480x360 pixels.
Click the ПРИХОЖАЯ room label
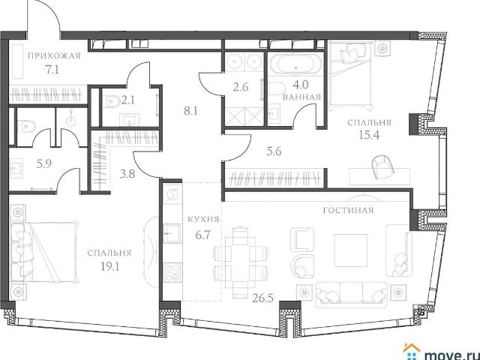(54, 56)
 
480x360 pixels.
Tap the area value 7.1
(52, 70)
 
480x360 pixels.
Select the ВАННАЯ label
(301, 97)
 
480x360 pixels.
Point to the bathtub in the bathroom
(295, 64)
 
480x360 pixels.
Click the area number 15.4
(369, 134)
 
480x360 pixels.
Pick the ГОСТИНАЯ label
(348, 210)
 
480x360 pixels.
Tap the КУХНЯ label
(203, 220)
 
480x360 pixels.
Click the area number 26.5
(263, 297)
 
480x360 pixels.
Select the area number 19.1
(110, 266)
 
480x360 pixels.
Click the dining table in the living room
(240, 262)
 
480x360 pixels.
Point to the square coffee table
(350, 250)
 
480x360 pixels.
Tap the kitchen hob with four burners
(172, 273)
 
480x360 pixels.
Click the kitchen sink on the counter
(172, 233)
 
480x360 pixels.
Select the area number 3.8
(127, 174)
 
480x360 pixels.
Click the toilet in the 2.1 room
(112, 101)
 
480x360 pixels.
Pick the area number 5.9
(43, 164)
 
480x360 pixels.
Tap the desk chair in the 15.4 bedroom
(382, 166)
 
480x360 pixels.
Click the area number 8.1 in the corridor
(190, 111)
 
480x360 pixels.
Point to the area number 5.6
(274, 151)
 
